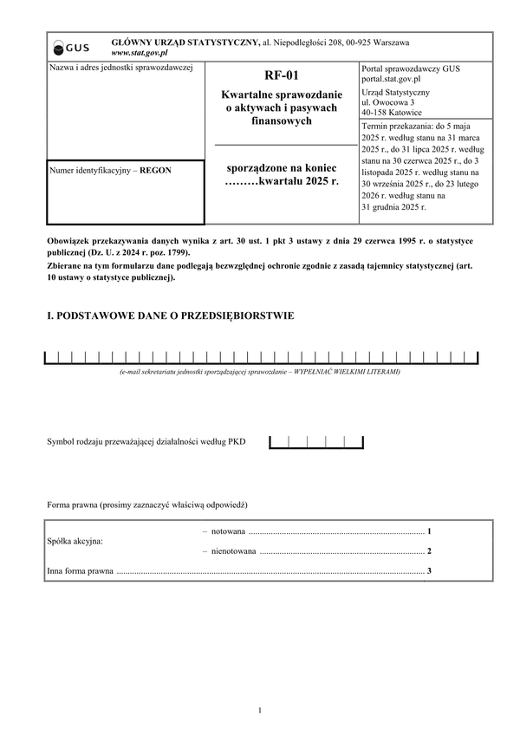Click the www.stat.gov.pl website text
tap(140, 53)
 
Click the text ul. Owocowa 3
tap(387, 102)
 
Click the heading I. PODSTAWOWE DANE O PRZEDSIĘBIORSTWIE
tap(170, 316)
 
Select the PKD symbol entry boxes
tap(315, 442)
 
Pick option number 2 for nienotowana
tap(429, 550)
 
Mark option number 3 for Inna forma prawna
tap(429, 570)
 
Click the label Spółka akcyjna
tap(75, 541)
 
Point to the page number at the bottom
tap(259, 711)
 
